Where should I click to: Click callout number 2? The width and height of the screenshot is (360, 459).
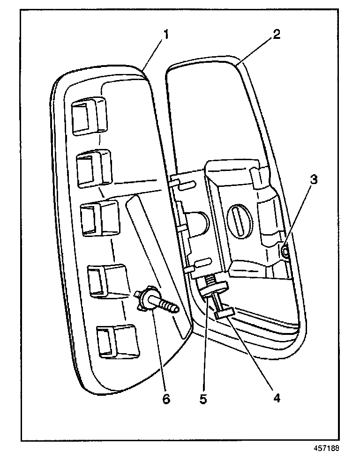[277, 35]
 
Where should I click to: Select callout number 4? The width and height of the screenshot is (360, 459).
[276, 398]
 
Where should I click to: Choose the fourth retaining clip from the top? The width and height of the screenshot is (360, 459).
[106, 279]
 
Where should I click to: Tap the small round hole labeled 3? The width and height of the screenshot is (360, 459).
[285, 253]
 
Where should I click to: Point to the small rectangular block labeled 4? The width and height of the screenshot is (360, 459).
[225, 311]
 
